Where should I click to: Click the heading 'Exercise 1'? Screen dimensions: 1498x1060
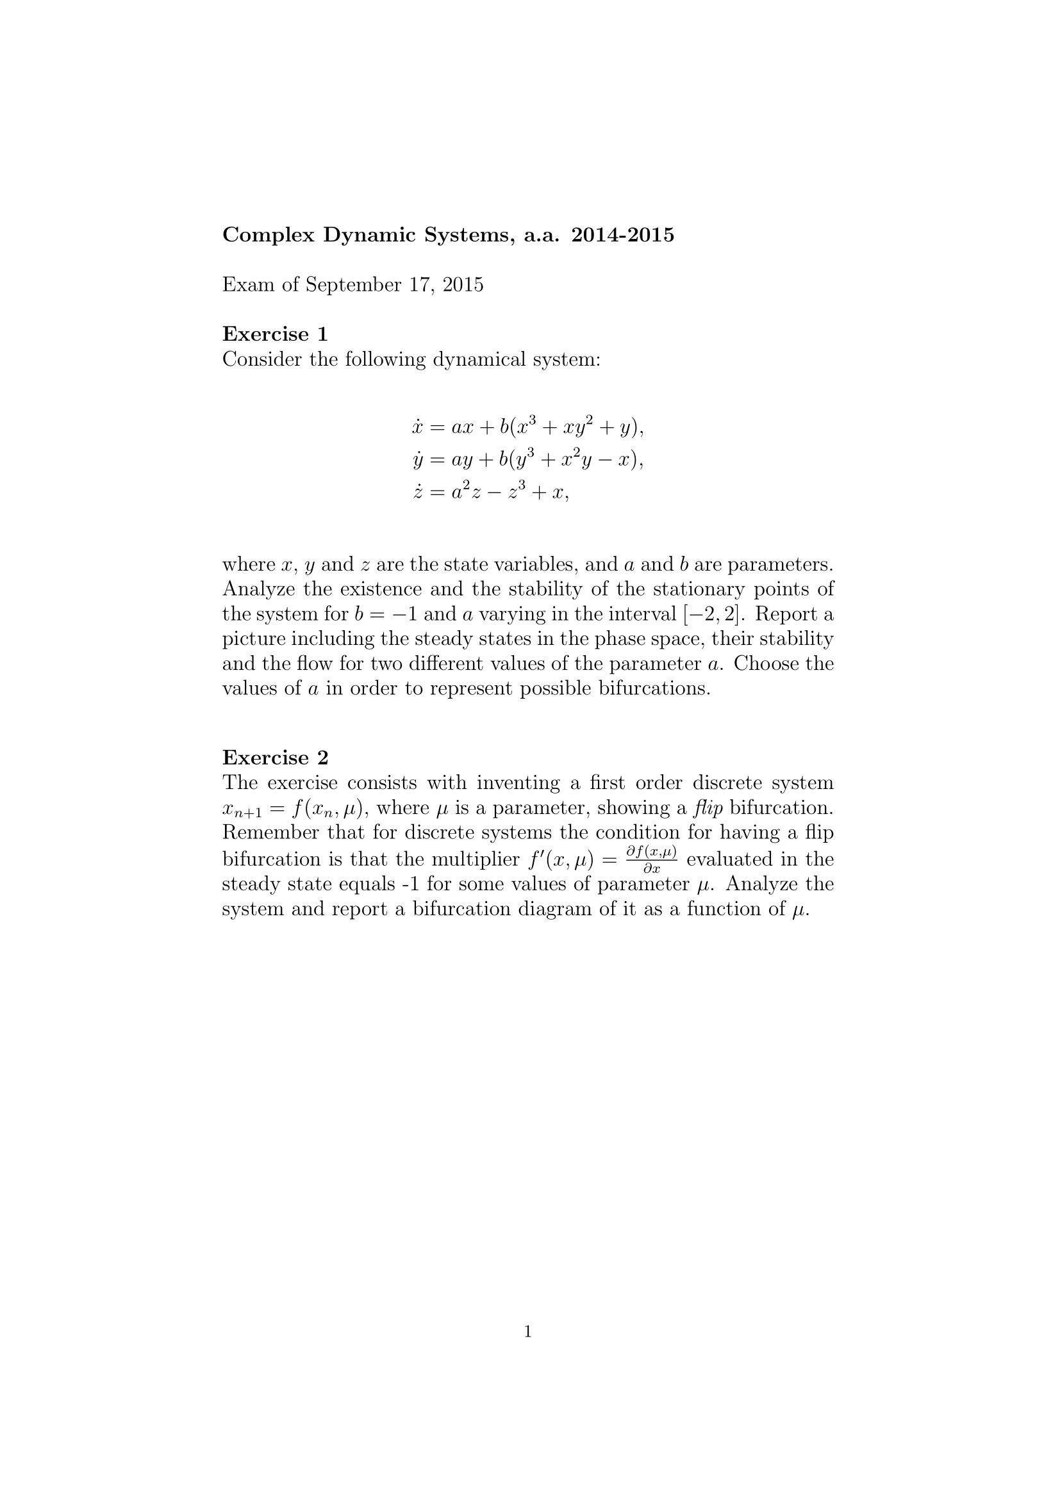point(275,334)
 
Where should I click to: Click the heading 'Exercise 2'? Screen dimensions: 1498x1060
point(275,758)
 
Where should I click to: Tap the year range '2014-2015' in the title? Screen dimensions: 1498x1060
point(622,235)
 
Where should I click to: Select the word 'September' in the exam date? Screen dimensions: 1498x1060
point(353,285)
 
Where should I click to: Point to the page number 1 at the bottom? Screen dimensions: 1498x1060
point(528,1331)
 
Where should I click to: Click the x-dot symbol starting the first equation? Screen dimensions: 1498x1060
point(417,428)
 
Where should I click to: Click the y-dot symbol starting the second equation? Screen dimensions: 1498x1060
point(417,461)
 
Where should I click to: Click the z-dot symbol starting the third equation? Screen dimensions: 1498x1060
point(417,493)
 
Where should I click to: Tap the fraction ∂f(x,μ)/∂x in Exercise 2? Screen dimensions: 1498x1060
point(650,859)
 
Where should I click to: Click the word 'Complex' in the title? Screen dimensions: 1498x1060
point(269,235)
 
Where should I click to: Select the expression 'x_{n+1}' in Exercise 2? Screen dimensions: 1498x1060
point(242,810)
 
